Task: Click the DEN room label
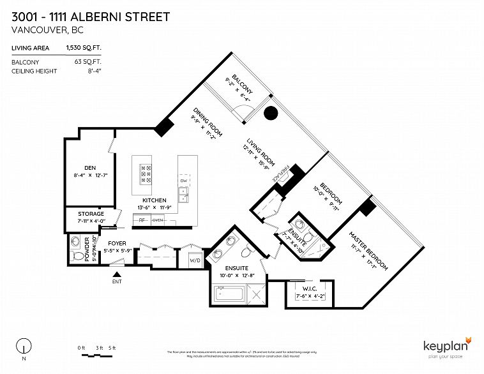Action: (90, 162)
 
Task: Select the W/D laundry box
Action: (194, 260)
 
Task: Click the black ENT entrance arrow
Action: (116, 273)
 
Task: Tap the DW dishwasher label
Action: (183, 181)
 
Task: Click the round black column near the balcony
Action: (271, 114)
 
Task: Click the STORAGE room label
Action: (91, 214)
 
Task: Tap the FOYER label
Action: (116, 243)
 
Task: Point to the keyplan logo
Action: (447, 345)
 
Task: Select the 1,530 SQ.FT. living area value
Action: (79, 47)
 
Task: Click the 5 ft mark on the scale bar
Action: (112, 347)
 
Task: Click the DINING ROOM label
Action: (208, 121)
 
